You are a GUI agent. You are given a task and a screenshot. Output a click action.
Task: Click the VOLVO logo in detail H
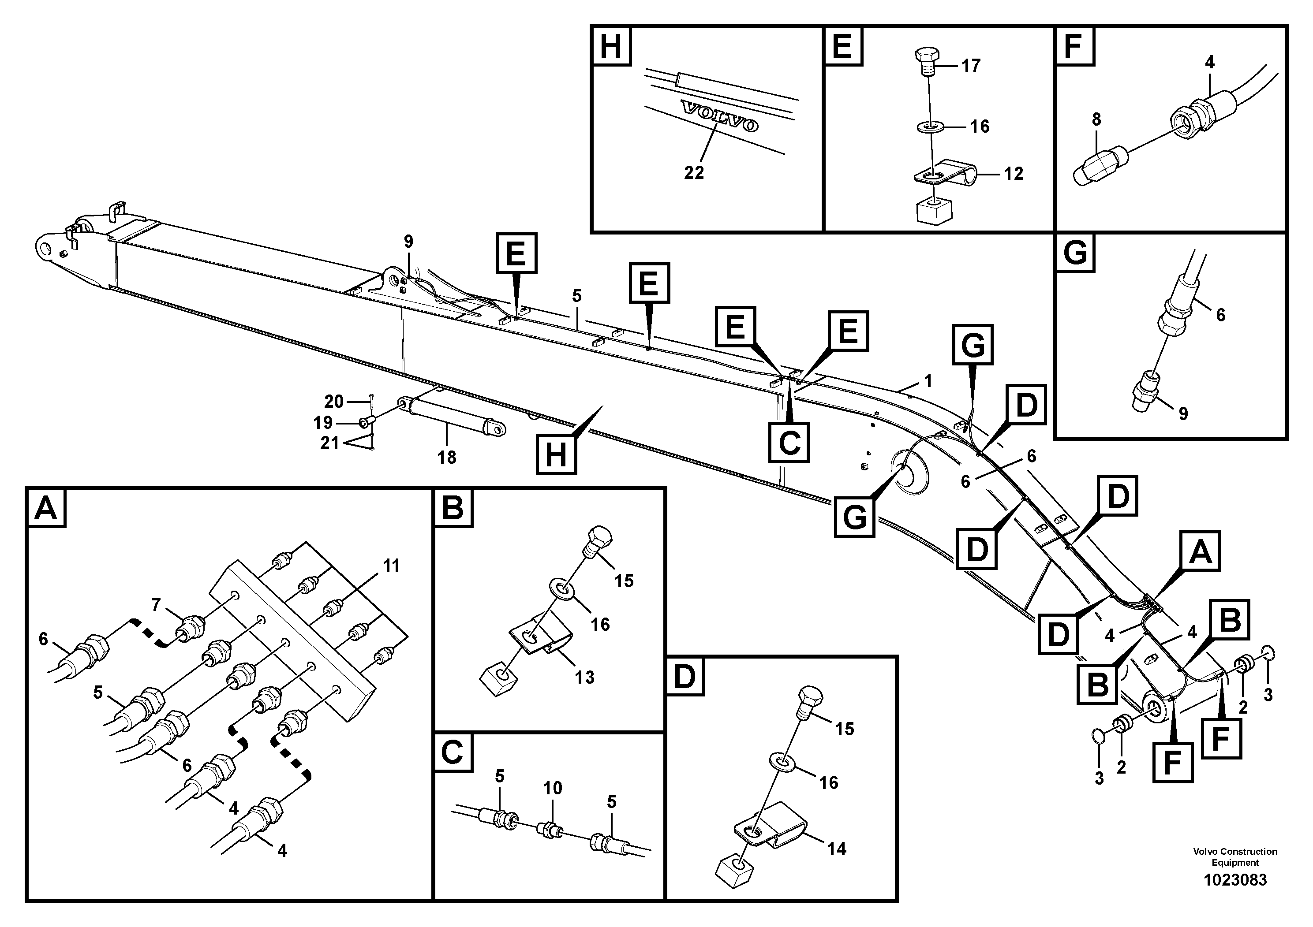tap(719, 116)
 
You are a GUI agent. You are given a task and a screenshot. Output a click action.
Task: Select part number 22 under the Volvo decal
tap(694, 173)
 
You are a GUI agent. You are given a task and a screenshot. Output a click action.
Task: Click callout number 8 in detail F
tap(1096, 119)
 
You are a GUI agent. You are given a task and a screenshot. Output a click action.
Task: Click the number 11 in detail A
tap(391, 566)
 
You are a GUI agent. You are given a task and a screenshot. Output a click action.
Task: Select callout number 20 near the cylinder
tap(334, 402)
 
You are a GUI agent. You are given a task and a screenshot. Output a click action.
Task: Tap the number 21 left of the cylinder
tap(329, 443)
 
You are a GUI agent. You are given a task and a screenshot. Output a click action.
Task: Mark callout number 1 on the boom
tap(928, 381)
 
